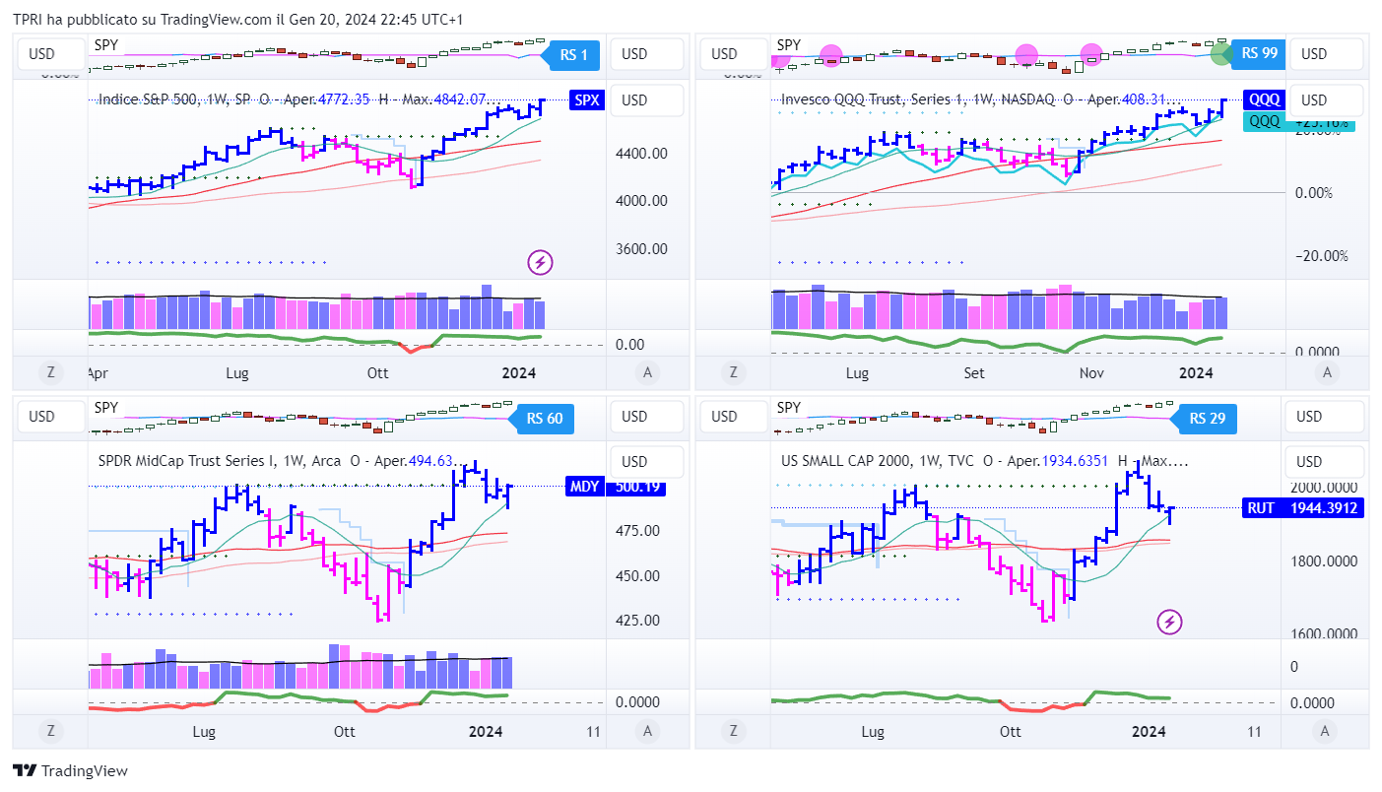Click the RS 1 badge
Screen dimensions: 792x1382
pyautogui.click(x=573, y=55)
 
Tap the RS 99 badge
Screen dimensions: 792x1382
pyautogui.click(x=1259, y=53)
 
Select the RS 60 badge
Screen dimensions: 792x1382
pyautogui.click(x=544, y=418)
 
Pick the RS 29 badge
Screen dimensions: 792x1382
pyautogui.click(x=1206, y=418)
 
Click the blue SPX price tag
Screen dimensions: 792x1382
pyautogui.click(x=587, y=100)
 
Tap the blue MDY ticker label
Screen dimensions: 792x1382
pyautogui.click(x=582, y=486)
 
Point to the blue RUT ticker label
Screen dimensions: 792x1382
pyautogui.click(x=1261, y=508)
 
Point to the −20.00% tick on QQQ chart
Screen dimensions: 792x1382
pyautogui.click(x=1321, y=256)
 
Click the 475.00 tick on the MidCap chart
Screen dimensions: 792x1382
pyautogui.click(x=636, y=531)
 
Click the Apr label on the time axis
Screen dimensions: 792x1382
pyautogui.click(x=98, y=373)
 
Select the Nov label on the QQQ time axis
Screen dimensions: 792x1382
pyautogui.click(x=1090, y=373)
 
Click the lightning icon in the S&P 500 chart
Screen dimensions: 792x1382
pyautogui.click(x=540, y=262)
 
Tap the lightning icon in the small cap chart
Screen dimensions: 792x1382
pyautogui.click(x=1169, y=622)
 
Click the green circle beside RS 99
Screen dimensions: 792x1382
pyautogui.click(x=1221, y=53)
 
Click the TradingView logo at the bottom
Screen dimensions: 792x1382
pyautogui.click(x=70, y=771)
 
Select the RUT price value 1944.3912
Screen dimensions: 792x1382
pyautogui.click(x=1327, y=508)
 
